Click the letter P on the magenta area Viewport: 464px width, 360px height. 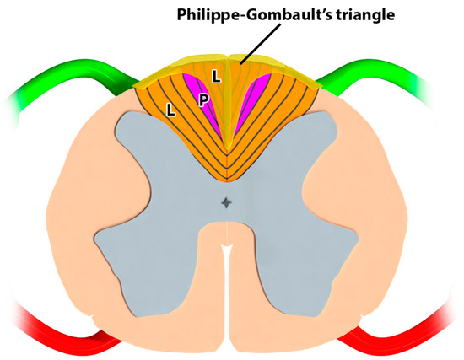click(x=203, y=99)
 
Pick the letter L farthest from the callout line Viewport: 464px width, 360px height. click(x=171, y=110)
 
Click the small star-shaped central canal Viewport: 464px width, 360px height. click(x=225, y=202)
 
